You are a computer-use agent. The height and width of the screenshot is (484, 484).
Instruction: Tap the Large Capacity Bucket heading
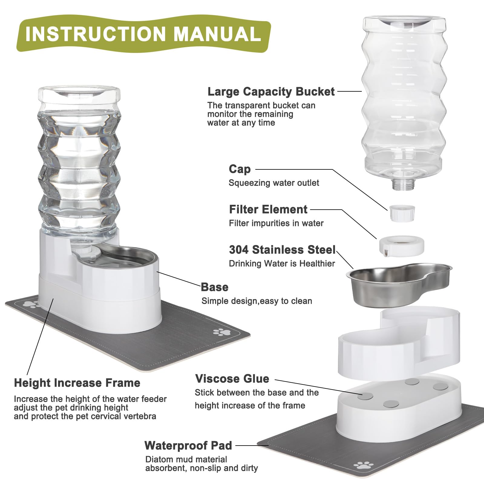[271, 91]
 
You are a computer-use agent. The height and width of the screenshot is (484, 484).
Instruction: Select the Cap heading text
[240, 169]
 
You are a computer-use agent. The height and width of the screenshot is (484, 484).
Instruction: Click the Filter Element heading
[268, 209]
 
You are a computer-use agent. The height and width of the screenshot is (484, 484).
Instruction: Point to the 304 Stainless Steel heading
[282, 250]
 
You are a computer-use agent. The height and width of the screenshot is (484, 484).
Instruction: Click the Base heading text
[214, 287]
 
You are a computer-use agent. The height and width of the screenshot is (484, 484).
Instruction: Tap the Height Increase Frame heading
[77, 383]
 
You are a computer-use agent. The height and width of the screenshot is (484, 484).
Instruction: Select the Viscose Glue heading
[232, 378]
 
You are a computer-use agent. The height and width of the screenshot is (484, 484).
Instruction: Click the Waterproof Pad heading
[188, 445]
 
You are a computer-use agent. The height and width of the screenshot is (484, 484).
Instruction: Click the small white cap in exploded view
[402, 213]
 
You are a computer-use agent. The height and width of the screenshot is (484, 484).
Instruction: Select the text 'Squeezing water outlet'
[274, 183]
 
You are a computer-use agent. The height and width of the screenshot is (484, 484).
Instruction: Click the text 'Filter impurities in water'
[276, 223]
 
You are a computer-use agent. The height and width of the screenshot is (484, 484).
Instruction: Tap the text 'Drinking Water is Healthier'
[282, 263]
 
